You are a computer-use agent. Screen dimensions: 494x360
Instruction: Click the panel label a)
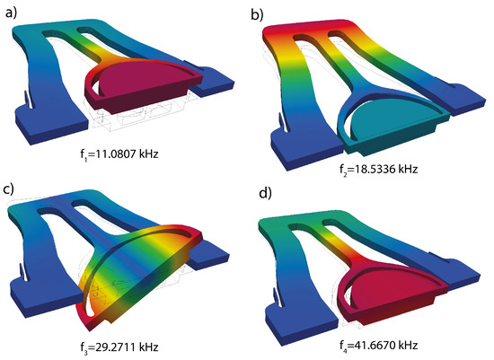[12, 13]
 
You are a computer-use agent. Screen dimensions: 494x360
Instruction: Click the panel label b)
[257, 14]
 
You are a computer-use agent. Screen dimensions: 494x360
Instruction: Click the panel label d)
[265, 193]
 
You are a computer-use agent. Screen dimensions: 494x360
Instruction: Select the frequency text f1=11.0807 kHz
[119, 154]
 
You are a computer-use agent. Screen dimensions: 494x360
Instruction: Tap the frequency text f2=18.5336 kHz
[378, 170]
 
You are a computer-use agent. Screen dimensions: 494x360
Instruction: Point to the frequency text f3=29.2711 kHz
[119, 347]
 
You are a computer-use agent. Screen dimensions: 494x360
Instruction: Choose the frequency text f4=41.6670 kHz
[378, 346]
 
